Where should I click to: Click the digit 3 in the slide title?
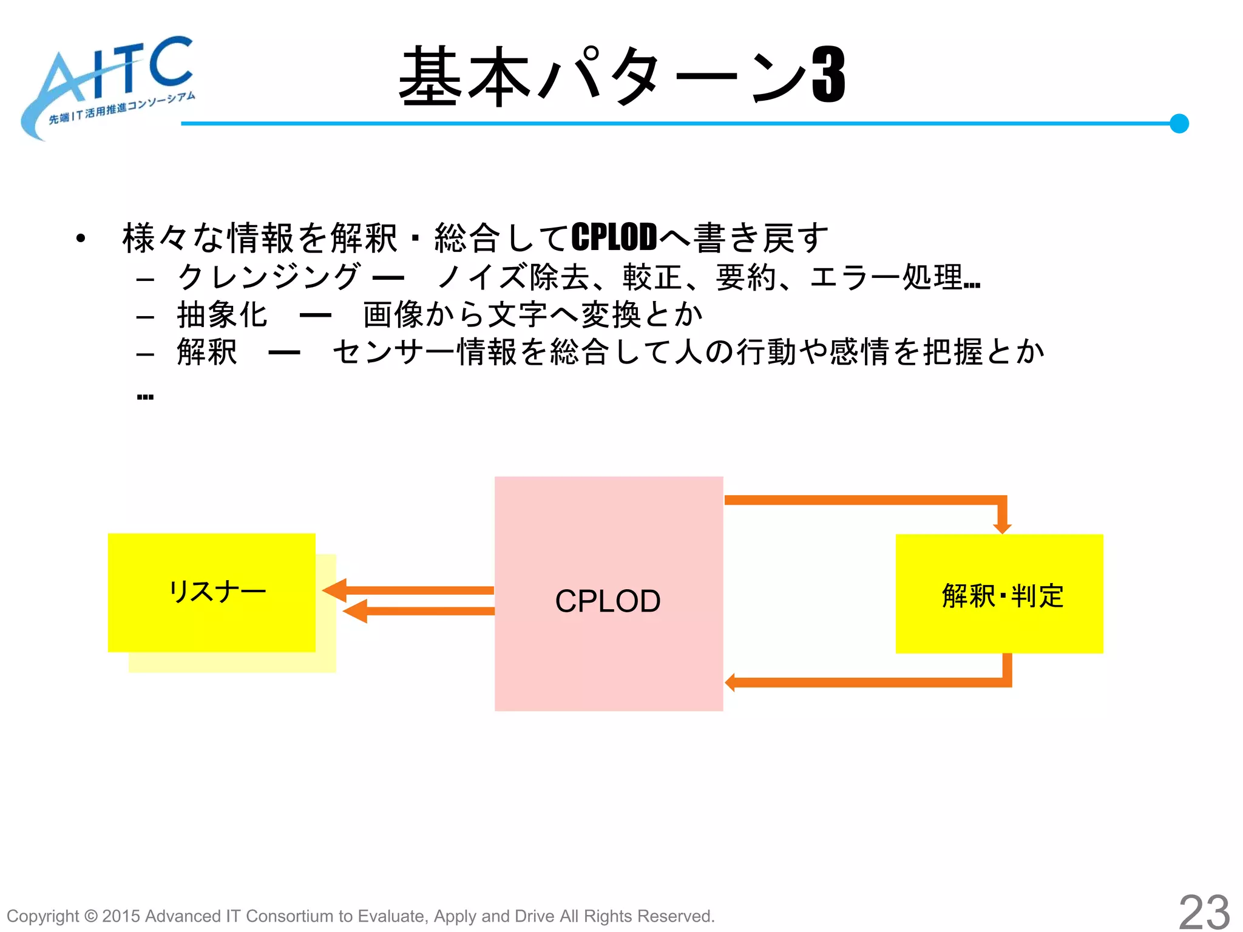829,76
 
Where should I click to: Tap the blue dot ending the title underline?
1179,123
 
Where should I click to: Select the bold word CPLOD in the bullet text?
614,237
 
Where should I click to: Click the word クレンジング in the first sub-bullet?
269,277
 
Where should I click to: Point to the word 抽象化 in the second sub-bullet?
222,314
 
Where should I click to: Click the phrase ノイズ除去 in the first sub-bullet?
513,277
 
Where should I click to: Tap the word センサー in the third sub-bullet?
394,352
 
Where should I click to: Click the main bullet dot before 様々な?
81,238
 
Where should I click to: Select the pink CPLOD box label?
608,601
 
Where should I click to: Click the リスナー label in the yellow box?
217,591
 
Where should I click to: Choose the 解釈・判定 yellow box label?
1002,595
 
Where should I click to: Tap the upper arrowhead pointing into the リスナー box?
334,590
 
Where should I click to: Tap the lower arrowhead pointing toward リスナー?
354,611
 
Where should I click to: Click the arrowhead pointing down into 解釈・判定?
1002,527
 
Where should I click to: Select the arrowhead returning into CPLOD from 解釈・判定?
730,682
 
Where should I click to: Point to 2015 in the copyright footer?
121,916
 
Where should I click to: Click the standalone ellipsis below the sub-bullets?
145,397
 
